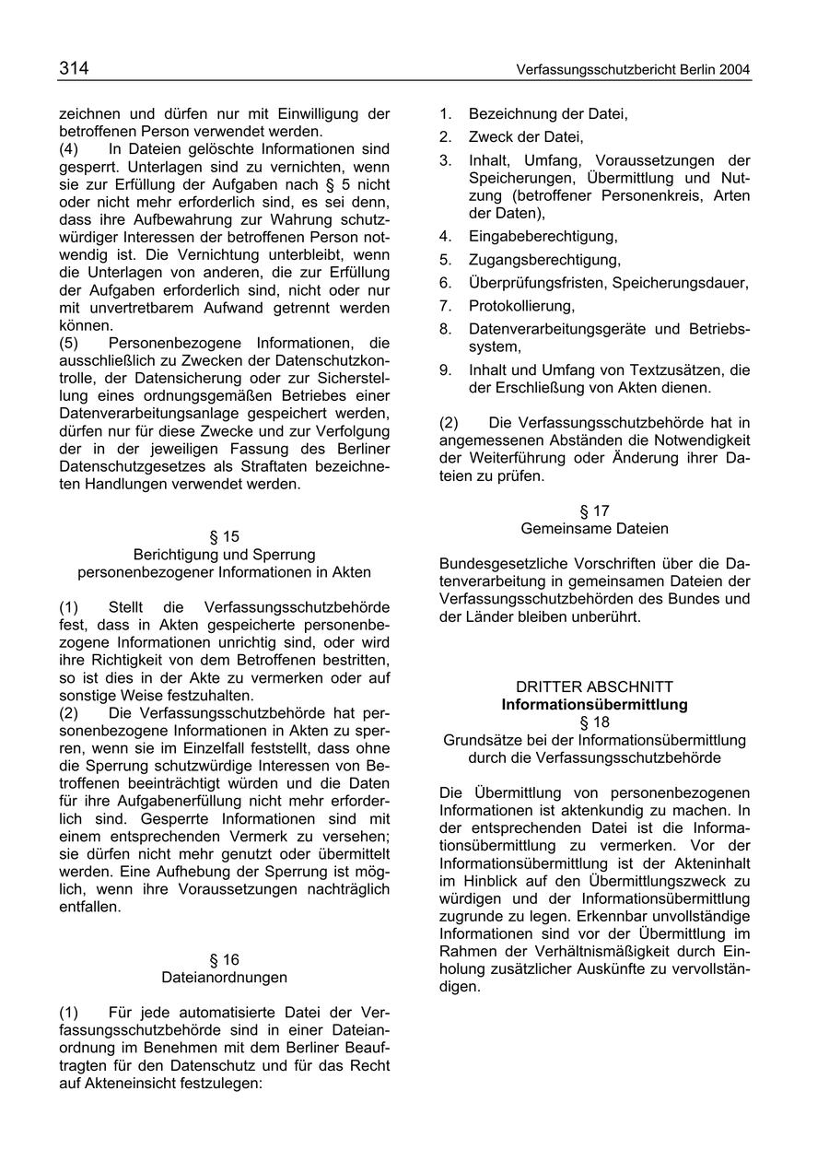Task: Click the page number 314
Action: tap(74, 68)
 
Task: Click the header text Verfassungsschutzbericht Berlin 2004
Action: tap(634, 70)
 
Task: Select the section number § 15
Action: tap(224, 536)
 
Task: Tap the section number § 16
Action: tap(224, 959)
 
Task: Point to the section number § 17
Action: tap(594, 510)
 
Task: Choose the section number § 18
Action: tap(594, 722)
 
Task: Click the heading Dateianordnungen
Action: tap(224, 977)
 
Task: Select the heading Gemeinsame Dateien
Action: tap(594, 529)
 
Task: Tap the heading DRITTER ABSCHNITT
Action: tap(594, 686)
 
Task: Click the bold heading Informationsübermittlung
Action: tap(594, 705)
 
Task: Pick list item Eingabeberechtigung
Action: tap(543, 237)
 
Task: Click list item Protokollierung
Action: tap(521, 306)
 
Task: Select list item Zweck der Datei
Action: tap(525, 137)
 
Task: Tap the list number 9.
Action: tap(445, 370)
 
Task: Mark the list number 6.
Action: tap(445, 283)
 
